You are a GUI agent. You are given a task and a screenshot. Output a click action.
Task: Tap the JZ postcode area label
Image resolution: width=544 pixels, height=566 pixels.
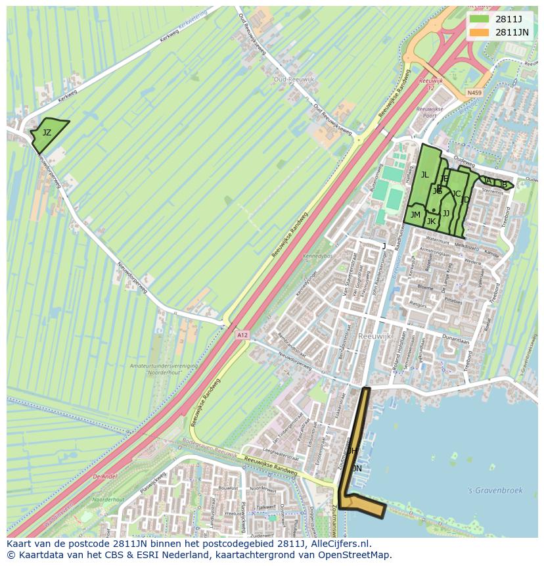pyautogui.click(x=47, y=133)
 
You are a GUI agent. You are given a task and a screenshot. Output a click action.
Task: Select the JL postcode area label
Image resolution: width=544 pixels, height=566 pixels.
pyautogui.click(x=424, y=175)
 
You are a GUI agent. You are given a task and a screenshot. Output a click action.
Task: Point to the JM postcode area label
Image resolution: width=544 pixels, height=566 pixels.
pyautogui.click(x=415, y=215)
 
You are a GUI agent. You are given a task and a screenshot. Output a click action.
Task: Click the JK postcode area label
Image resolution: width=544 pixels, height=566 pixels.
pyautogui.click(x=431, y=222)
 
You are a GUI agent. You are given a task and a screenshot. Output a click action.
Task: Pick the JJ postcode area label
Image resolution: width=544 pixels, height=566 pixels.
pyautogui.click(x=446, y=214)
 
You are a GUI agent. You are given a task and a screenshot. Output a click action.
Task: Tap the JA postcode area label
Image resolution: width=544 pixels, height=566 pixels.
pyautogui.click(x=487, y=181)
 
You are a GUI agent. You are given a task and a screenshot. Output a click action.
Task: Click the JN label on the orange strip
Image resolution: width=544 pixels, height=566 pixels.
pyautogui.click(x=357, y=468)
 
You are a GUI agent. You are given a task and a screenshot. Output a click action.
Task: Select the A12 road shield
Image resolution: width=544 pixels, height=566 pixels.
pyautogui.click(x=242, y=335)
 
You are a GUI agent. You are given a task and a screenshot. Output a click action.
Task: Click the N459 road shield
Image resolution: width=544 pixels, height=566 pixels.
pyautogui.click(x=474, y=93)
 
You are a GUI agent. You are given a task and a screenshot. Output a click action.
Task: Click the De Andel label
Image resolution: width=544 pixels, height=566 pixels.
pyautogui.click(x=104, y=477)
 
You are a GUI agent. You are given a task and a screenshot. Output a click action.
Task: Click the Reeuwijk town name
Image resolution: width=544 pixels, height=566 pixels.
pyautogui.click(x=375, y=336)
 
